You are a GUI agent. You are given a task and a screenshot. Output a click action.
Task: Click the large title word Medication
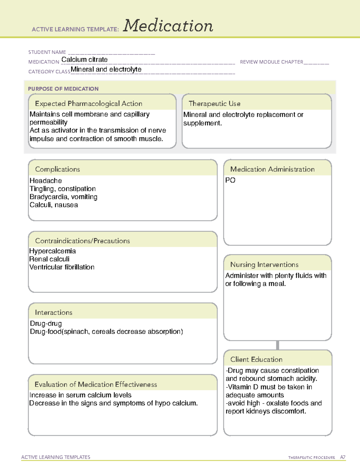click(x=168, y=26)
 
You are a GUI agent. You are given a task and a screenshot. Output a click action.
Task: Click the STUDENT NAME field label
click(x=47, y=52)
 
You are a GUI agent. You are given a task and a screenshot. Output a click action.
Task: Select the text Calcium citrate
click(x=84, y=60)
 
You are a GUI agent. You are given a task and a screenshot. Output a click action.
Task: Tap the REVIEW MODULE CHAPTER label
click(x=271, y=62)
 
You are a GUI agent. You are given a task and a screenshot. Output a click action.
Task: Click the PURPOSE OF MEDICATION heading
click(x=63, y=89)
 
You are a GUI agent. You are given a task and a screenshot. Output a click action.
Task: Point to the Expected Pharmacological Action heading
click(x=88, y=104)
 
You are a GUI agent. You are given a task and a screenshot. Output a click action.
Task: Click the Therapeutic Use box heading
click(x=214, y=104)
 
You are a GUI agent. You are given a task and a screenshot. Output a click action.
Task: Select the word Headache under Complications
click(x=46, y=181)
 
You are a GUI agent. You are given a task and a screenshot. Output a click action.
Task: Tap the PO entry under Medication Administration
click(x=230, y=180)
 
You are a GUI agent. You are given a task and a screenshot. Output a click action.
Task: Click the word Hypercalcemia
click(x=52, y=251)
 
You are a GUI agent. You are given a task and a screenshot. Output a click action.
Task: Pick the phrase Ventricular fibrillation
click(x=62, y=267)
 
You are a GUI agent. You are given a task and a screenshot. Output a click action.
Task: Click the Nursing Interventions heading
click(x=264, y=265)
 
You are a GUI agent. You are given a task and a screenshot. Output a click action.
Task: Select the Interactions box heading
click(x=53, y=313)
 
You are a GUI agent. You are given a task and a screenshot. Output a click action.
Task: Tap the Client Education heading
click(x=256, y=359)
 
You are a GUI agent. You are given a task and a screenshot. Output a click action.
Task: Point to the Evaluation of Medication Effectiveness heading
click(x=96, y=384)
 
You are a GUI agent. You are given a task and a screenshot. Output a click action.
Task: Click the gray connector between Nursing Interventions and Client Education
click(x=277, y=345)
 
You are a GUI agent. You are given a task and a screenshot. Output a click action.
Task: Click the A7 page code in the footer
click(x=343, y=457)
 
